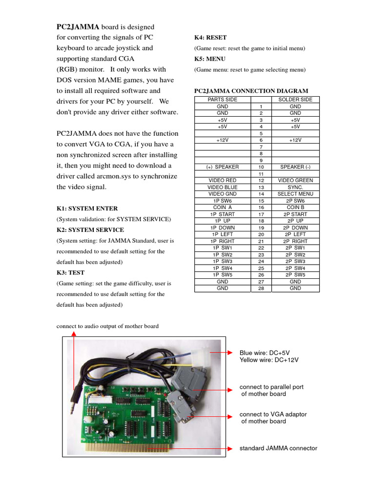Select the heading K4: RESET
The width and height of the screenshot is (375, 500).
click(210, 38)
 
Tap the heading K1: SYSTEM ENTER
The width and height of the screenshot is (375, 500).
click(87, 208)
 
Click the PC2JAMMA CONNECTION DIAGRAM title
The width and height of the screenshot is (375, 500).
click(251, 91)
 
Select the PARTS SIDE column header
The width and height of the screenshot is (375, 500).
click(222, 100)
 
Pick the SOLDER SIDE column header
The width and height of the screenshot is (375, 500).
click(295, 100)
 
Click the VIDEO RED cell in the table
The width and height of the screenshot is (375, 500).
click(222, 181)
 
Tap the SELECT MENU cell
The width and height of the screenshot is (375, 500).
click(295, 194)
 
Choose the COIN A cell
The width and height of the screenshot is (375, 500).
click(222, 208)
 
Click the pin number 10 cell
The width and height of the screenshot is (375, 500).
click(261, 167)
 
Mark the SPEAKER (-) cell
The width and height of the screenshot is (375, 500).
click(295, 167)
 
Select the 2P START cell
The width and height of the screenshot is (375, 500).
click(295, 214)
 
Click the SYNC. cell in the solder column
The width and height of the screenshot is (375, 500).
click(295, 187)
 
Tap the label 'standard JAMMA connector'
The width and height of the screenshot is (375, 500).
click(278, 448)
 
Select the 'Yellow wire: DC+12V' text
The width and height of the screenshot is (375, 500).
click(269, 360)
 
